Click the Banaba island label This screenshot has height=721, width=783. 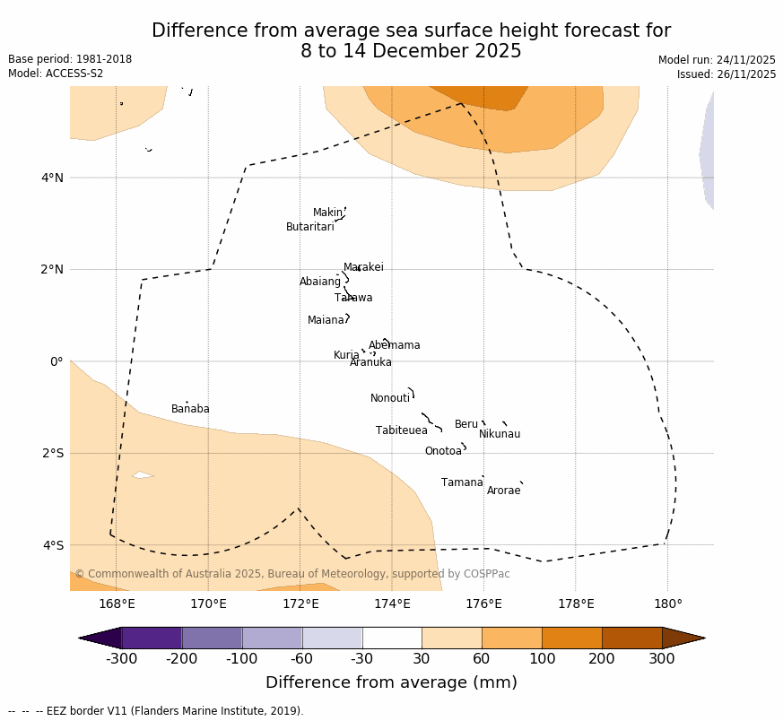tap(190, 409)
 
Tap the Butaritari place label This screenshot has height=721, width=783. tap(309, 227)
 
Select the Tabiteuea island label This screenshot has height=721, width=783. tap(401, 430)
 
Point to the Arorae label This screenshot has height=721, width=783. tap(503, 491)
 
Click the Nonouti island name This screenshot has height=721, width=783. tap(389, 398)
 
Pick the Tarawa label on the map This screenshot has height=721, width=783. tap(353, 298)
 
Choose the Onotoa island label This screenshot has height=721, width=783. tap(443, 451)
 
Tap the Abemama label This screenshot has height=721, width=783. tap(394, 345)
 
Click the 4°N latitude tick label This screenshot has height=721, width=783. tap(52, 178)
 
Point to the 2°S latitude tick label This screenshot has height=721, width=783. tap(52, 453)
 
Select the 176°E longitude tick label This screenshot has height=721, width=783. tap(483, 604)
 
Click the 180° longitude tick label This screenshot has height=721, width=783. tap(667, 604)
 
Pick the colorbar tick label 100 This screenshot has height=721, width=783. tap(542, 660)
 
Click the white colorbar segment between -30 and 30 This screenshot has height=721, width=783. tap(392, 638)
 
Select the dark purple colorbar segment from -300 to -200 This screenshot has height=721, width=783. tap(152, 638)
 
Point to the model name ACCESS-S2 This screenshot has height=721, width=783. tap(74, 74)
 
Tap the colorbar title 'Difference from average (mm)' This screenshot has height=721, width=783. tap(391, 682)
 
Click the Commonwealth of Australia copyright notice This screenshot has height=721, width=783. tap(292, 574)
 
